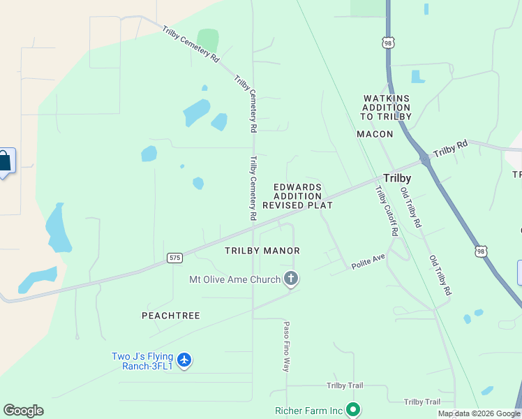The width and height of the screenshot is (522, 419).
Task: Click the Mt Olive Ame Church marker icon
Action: (x=292, y=279)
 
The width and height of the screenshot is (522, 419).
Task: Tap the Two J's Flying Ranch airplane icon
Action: (x=184, y=360)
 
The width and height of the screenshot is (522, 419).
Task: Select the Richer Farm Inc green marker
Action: (x=353, y=410)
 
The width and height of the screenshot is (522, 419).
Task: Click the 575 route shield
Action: (x=175, y=258)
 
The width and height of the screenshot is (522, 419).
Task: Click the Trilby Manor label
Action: (x=262, y=250)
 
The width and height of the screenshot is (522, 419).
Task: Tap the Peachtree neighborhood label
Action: (x=171, y=316)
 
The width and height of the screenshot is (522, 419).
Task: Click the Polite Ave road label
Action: (x=368, y=259)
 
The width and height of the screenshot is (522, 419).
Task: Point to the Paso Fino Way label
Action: (x=286, y=346)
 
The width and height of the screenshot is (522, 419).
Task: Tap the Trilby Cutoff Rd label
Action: (x=385, y=210)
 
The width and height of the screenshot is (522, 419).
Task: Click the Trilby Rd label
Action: (x=450, y=149)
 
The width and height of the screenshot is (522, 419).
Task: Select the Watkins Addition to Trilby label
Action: (x=387, y=108)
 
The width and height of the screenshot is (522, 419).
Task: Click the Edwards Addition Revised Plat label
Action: (x=297, y=196)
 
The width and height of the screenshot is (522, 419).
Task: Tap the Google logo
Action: (x=23, y=411)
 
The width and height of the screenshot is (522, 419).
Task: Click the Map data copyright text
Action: (x=479, y=413)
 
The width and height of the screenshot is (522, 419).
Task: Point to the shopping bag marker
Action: (x=5, y=162)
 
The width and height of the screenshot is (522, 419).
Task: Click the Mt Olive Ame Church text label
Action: (x=234, y=279)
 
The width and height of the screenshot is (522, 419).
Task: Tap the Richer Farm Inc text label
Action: (x=308, y=411)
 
